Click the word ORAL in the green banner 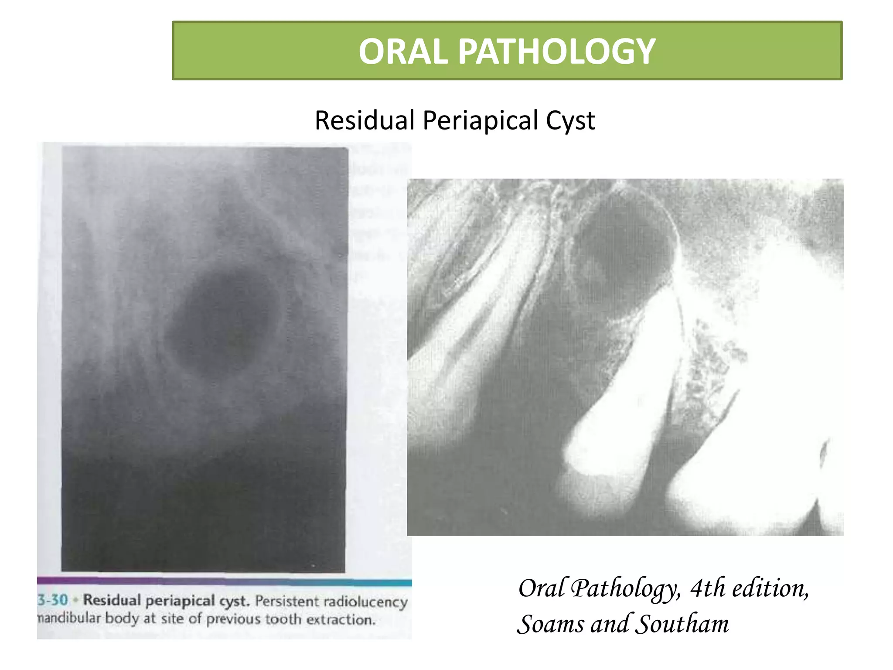tap(403, 51)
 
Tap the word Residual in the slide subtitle tap(365, 120)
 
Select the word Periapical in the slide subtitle tap(481, 120)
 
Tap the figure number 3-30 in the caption tap(53, 600)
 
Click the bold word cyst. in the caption tap(234, 601)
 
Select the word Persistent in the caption tap(287, 601)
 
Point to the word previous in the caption tap(232, 619)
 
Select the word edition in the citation tap(770, 588)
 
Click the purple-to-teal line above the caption tap(224, 581)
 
